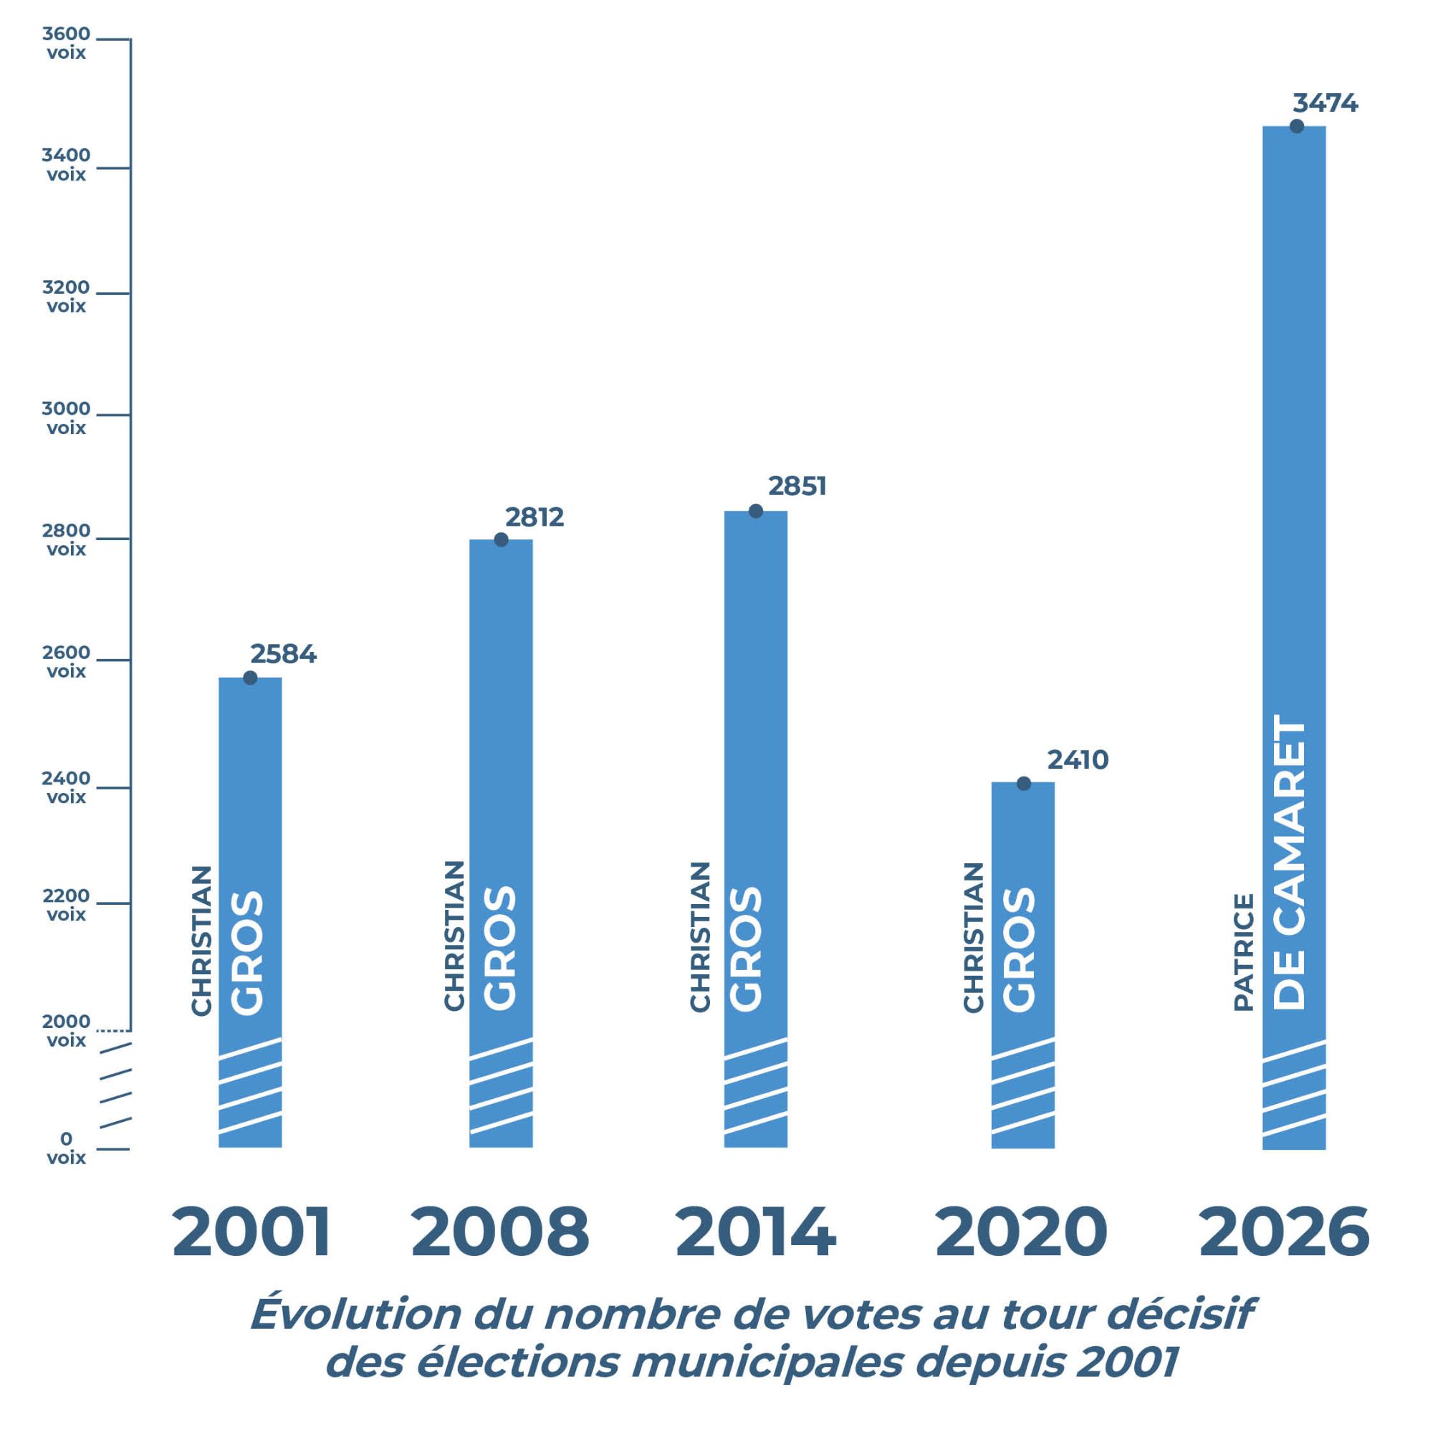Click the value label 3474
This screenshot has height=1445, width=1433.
[1325, 103]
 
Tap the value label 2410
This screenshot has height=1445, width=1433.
[1077, 760]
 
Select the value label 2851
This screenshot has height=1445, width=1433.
[797, 486]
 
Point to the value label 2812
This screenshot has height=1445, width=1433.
[534, 517]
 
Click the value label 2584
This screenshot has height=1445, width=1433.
[283, 653]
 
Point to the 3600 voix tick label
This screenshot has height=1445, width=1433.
[66, 44]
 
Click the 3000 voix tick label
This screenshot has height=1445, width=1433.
[66, 418]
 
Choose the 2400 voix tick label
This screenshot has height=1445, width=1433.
[66, 787]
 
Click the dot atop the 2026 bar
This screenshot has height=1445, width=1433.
[1297, 126]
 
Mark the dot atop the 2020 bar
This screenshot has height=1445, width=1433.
[1024, 784]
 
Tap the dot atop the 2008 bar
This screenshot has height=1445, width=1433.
[501, 540]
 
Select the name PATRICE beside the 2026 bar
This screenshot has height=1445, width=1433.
[1243, 952]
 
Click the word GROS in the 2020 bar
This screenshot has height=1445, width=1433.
[1020, 950]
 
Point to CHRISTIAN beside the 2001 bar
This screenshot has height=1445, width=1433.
[202, 941]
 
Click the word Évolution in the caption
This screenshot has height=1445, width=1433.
[355, 1313]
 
